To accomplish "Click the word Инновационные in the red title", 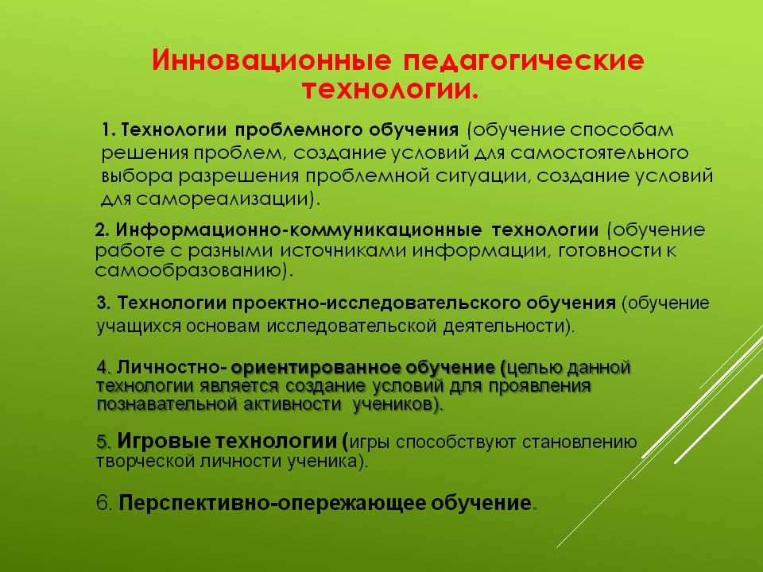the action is [272, 60].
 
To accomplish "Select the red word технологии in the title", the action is [390, 91].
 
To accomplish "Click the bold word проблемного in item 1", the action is [299, 131].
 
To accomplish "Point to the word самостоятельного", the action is [599, 153].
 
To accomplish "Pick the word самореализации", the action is [223, 199].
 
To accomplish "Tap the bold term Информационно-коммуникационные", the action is [299, 230].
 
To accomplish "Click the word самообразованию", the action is [189, 270].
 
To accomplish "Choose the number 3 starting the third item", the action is [103, 303].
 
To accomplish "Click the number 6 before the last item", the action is [103, 503].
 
